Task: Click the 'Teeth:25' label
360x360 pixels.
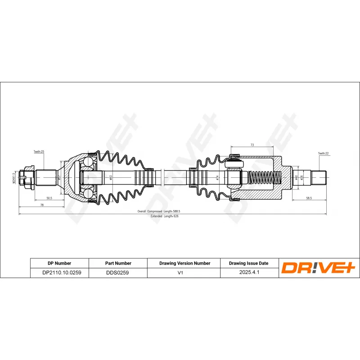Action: (x=39, y=152)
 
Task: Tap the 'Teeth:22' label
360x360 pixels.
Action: (x=324, y=153)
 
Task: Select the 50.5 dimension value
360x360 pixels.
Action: (x=49, y=198)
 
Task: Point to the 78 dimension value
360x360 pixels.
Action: (x=42, y=205)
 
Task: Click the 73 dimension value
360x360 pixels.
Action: (x=252, y=145)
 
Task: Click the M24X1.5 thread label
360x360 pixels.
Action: (x=14, y=177)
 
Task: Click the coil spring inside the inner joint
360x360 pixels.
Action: (x=264, y=177)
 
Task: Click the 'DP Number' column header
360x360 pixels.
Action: (x=59, y=263)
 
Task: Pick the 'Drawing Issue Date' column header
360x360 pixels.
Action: (x=248, y=263)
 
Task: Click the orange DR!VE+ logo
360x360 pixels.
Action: (x=319, y=268)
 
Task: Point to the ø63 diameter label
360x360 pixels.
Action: (x=111, y=177)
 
